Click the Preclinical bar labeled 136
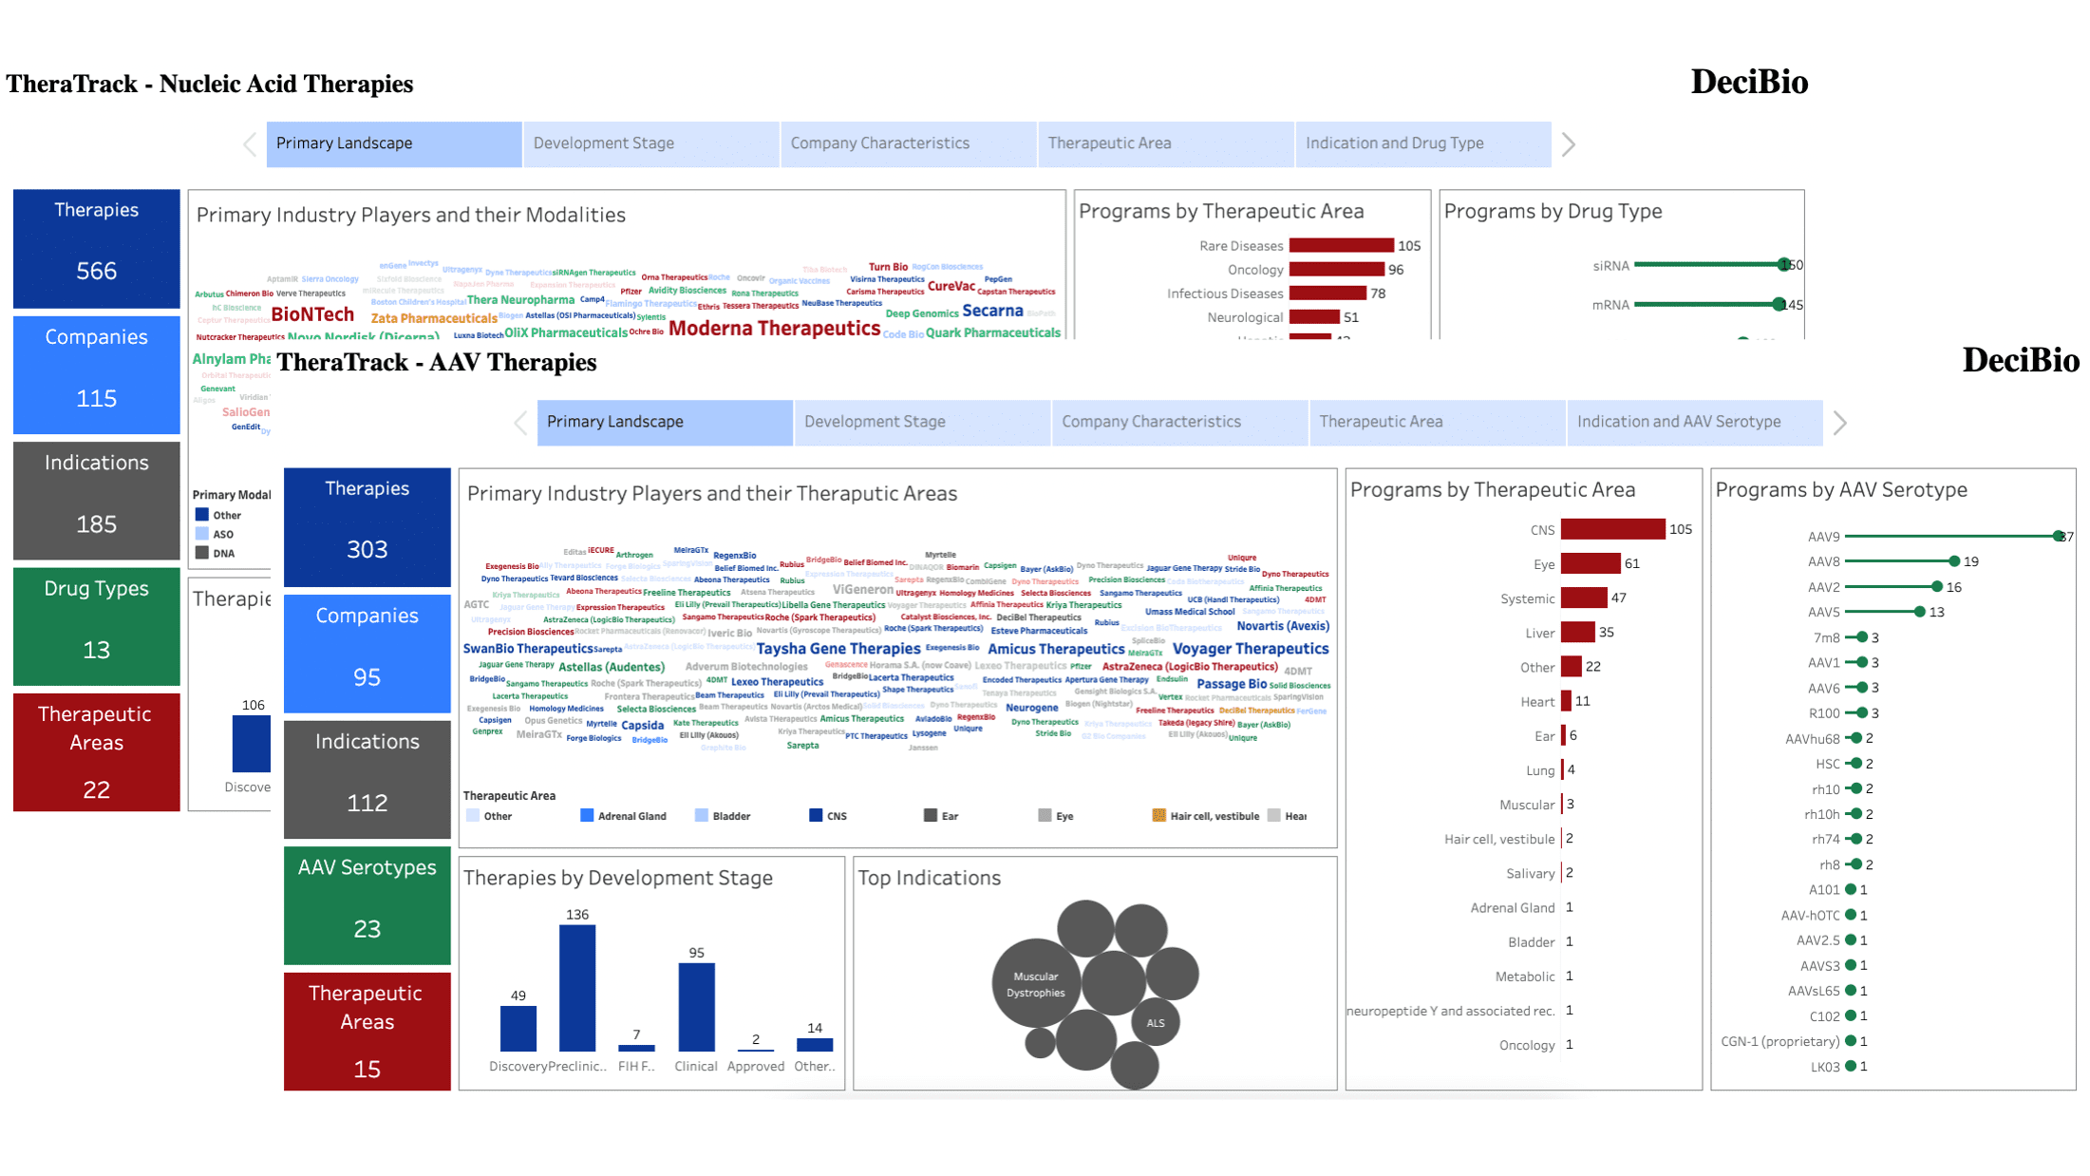point(576,988)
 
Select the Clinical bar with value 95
point(696,1007)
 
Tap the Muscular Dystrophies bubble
point(1035,984)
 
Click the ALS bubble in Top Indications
point(1155,1023)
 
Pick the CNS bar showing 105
point(1611,529)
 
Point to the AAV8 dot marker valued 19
point(1953,561)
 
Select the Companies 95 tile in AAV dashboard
point(367,654)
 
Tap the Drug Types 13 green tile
point(96,626)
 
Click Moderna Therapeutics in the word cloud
point(774,329)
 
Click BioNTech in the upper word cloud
point(312,314)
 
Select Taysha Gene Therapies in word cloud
point(838,649)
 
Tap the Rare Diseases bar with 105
point(1340,246)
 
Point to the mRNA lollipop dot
point(1779,305)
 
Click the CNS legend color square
point(816,815)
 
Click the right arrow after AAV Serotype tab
point(1839,423)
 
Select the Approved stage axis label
point(755,1066)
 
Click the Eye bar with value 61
point(1590,563)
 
